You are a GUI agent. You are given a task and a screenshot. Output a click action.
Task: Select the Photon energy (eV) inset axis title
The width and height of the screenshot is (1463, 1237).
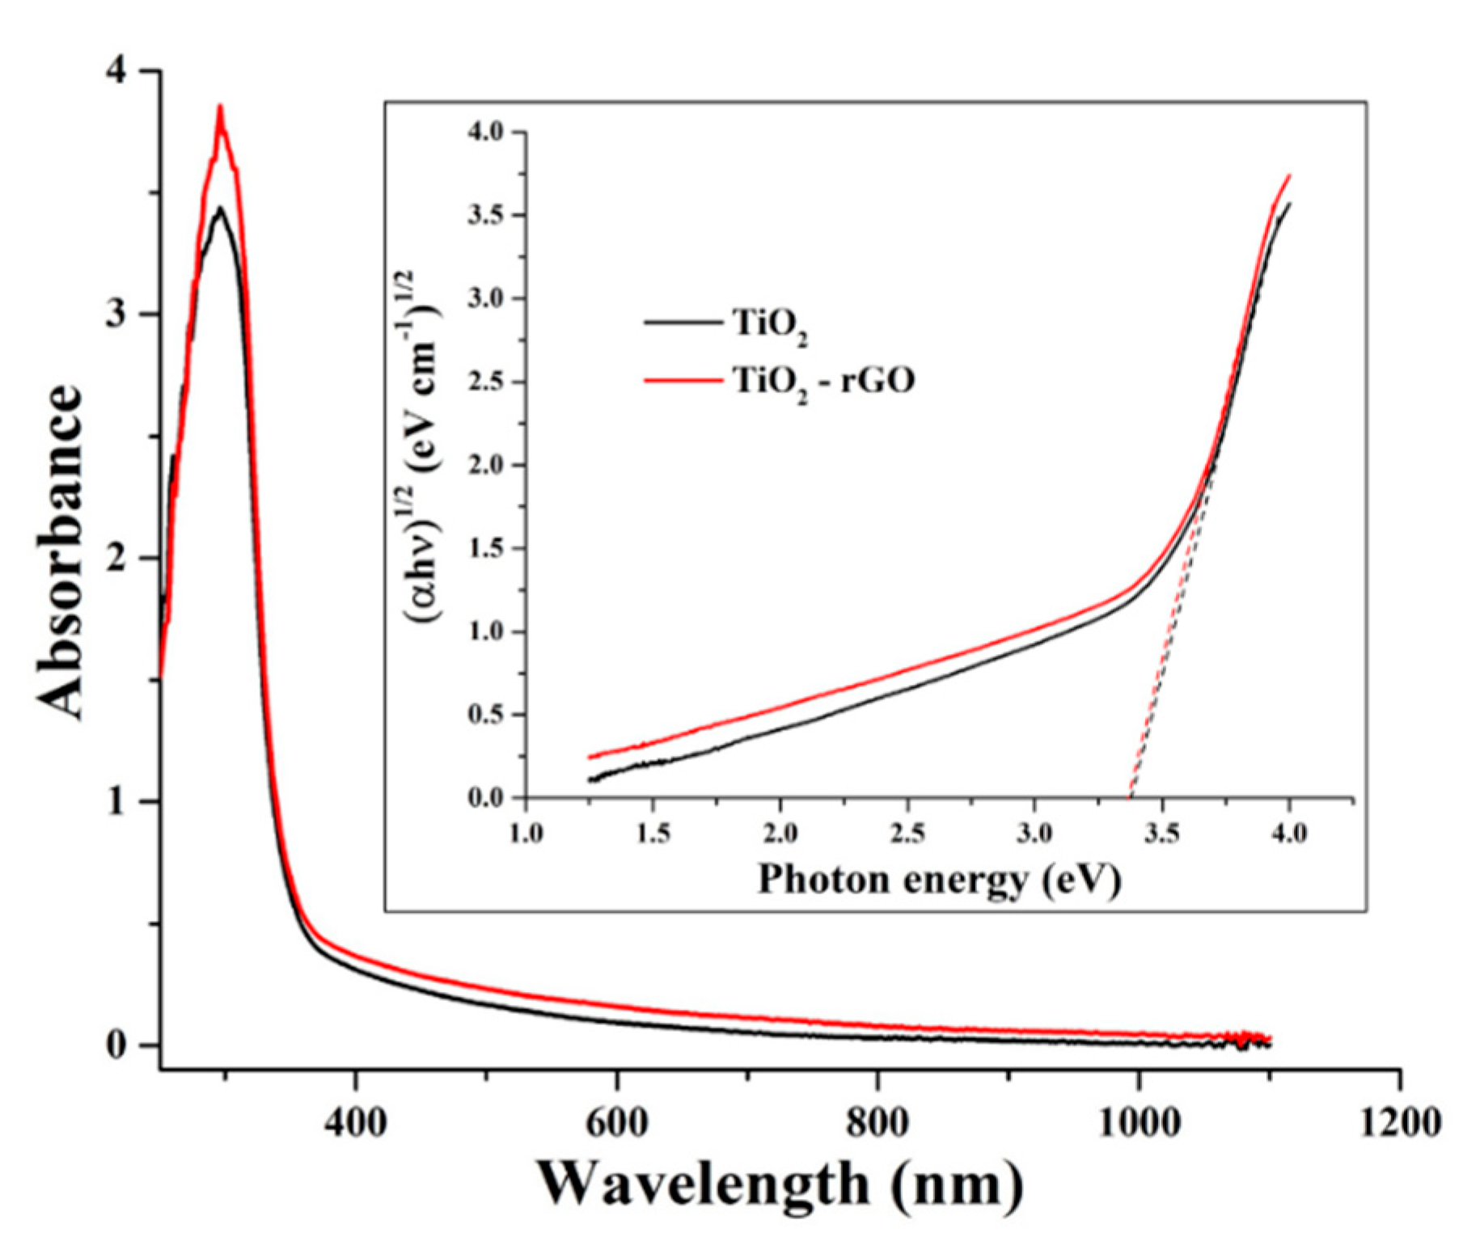coord(939,880)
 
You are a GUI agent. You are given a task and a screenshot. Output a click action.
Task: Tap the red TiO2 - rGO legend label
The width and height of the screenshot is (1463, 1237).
coord(823,380)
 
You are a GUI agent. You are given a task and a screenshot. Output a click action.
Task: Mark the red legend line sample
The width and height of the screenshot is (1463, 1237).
coord(683,379)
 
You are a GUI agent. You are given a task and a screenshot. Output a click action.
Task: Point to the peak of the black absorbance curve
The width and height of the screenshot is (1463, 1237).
coord(219,209)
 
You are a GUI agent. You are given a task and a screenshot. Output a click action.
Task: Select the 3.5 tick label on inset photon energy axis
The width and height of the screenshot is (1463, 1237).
coord(1161,833)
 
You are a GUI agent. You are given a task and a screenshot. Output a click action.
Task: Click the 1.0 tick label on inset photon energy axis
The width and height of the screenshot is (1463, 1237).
coord(526,833)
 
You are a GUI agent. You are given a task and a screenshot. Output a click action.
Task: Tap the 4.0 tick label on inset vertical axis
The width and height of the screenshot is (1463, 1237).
coord(485,132)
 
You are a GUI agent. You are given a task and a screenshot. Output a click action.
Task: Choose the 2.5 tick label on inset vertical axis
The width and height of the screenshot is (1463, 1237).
coord(485,382)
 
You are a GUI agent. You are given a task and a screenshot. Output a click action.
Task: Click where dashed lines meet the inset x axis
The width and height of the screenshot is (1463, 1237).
coord(1130,797)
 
